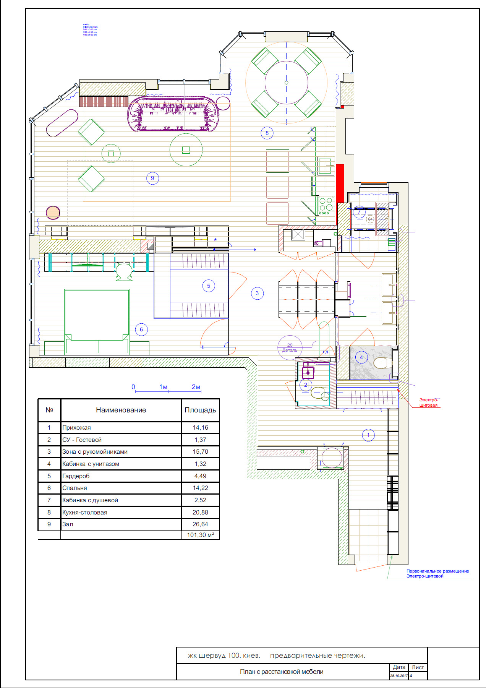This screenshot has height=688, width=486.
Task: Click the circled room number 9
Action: tap(152, 178)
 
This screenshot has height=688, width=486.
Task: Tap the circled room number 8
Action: tap(267, 133)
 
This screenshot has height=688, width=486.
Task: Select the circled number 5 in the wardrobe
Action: tap(209, 286)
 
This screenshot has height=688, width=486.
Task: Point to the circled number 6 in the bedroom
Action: tap(141, 329)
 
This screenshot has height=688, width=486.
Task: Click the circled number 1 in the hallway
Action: tap(368, 435)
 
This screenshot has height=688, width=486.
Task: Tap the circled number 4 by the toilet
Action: tap(361, 358)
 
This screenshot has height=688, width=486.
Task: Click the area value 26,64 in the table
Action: tap(200, 524)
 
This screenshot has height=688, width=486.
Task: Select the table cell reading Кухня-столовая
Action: tap(85, 512)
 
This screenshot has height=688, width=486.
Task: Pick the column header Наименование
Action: tap(121, 410)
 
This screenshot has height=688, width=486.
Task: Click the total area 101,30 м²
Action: tap(200, 535)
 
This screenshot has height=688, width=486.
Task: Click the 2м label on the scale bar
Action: tap(196, 387)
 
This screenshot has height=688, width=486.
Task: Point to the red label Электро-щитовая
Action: tap(428, 402)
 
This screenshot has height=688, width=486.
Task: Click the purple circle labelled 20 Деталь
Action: tap(290, 347)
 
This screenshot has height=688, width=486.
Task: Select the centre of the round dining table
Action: tap(287, 83)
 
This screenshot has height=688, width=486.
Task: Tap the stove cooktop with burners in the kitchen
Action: tap(326, 206)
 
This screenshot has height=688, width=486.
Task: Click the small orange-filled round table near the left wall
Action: tap(53, 213)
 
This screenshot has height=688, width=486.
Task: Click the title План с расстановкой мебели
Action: tap(282, 672)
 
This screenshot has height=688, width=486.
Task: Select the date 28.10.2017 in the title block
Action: tap(399, 676)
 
